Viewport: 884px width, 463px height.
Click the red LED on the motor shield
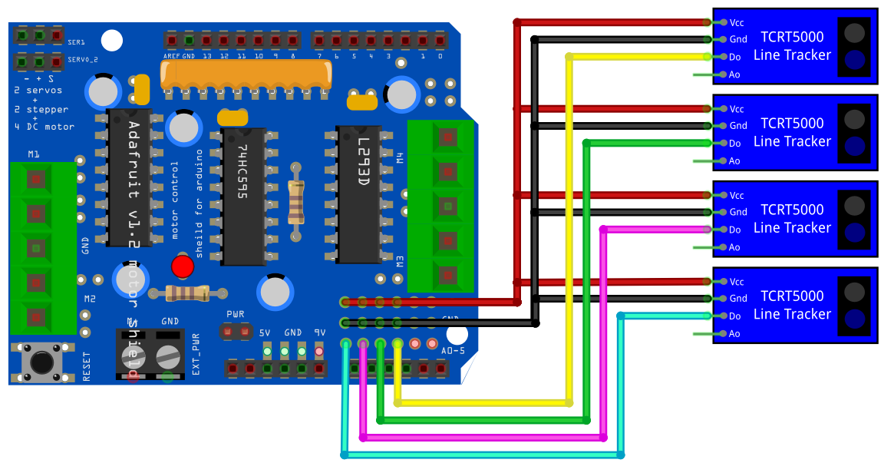click(x=182, y=266)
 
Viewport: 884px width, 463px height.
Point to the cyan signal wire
click(x=483, y=455)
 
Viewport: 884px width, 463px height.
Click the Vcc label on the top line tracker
click(x=737, y=22)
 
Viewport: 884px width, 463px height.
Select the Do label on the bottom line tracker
click(x=735, y=316)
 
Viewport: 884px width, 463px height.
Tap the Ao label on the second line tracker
click(x=734, y=160)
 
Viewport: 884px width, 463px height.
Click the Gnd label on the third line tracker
click(x=737, y=212)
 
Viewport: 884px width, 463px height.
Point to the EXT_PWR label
click(x=196, y=353)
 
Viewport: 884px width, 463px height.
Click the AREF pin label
click(x=171, y=56)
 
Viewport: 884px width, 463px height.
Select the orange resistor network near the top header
click(x=246, y=74)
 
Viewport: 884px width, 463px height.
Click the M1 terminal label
click(x=34, y=154)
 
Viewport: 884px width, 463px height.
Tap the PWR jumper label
click(x=235, y=315)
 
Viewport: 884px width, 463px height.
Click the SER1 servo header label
click(x=77, y=41)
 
